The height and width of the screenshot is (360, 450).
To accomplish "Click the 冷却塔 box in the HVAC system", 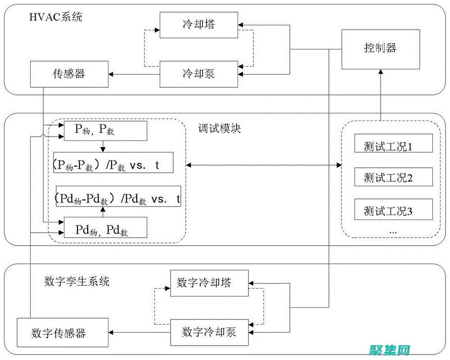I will pyautogui.click(x=198, y=24).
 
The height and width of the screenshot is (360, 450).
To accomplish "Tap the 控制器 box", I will pyautogui.click(x=380, y=49).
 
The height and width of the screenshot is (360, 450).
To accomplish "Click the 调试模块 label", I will pyautogui.click(x=220, y=129).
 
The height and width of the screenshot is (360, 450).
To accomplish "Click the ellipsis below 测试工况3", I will pyautogui.click(x=393, y=230).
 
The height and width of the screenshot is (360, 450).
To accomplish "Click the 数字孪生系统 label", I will pyautogui.click(x=76, y=282).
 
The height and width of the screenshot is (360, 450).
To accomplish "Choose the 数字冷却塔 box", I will pyautogui.click(x=209, y=283).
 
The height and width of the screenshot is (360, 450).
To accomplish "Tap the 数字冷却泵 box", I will pyautogui.click(x=209, y=332).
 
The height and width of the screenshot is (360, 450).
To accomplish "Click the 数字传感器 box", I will pyautogui.click(x=63, y=333).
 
